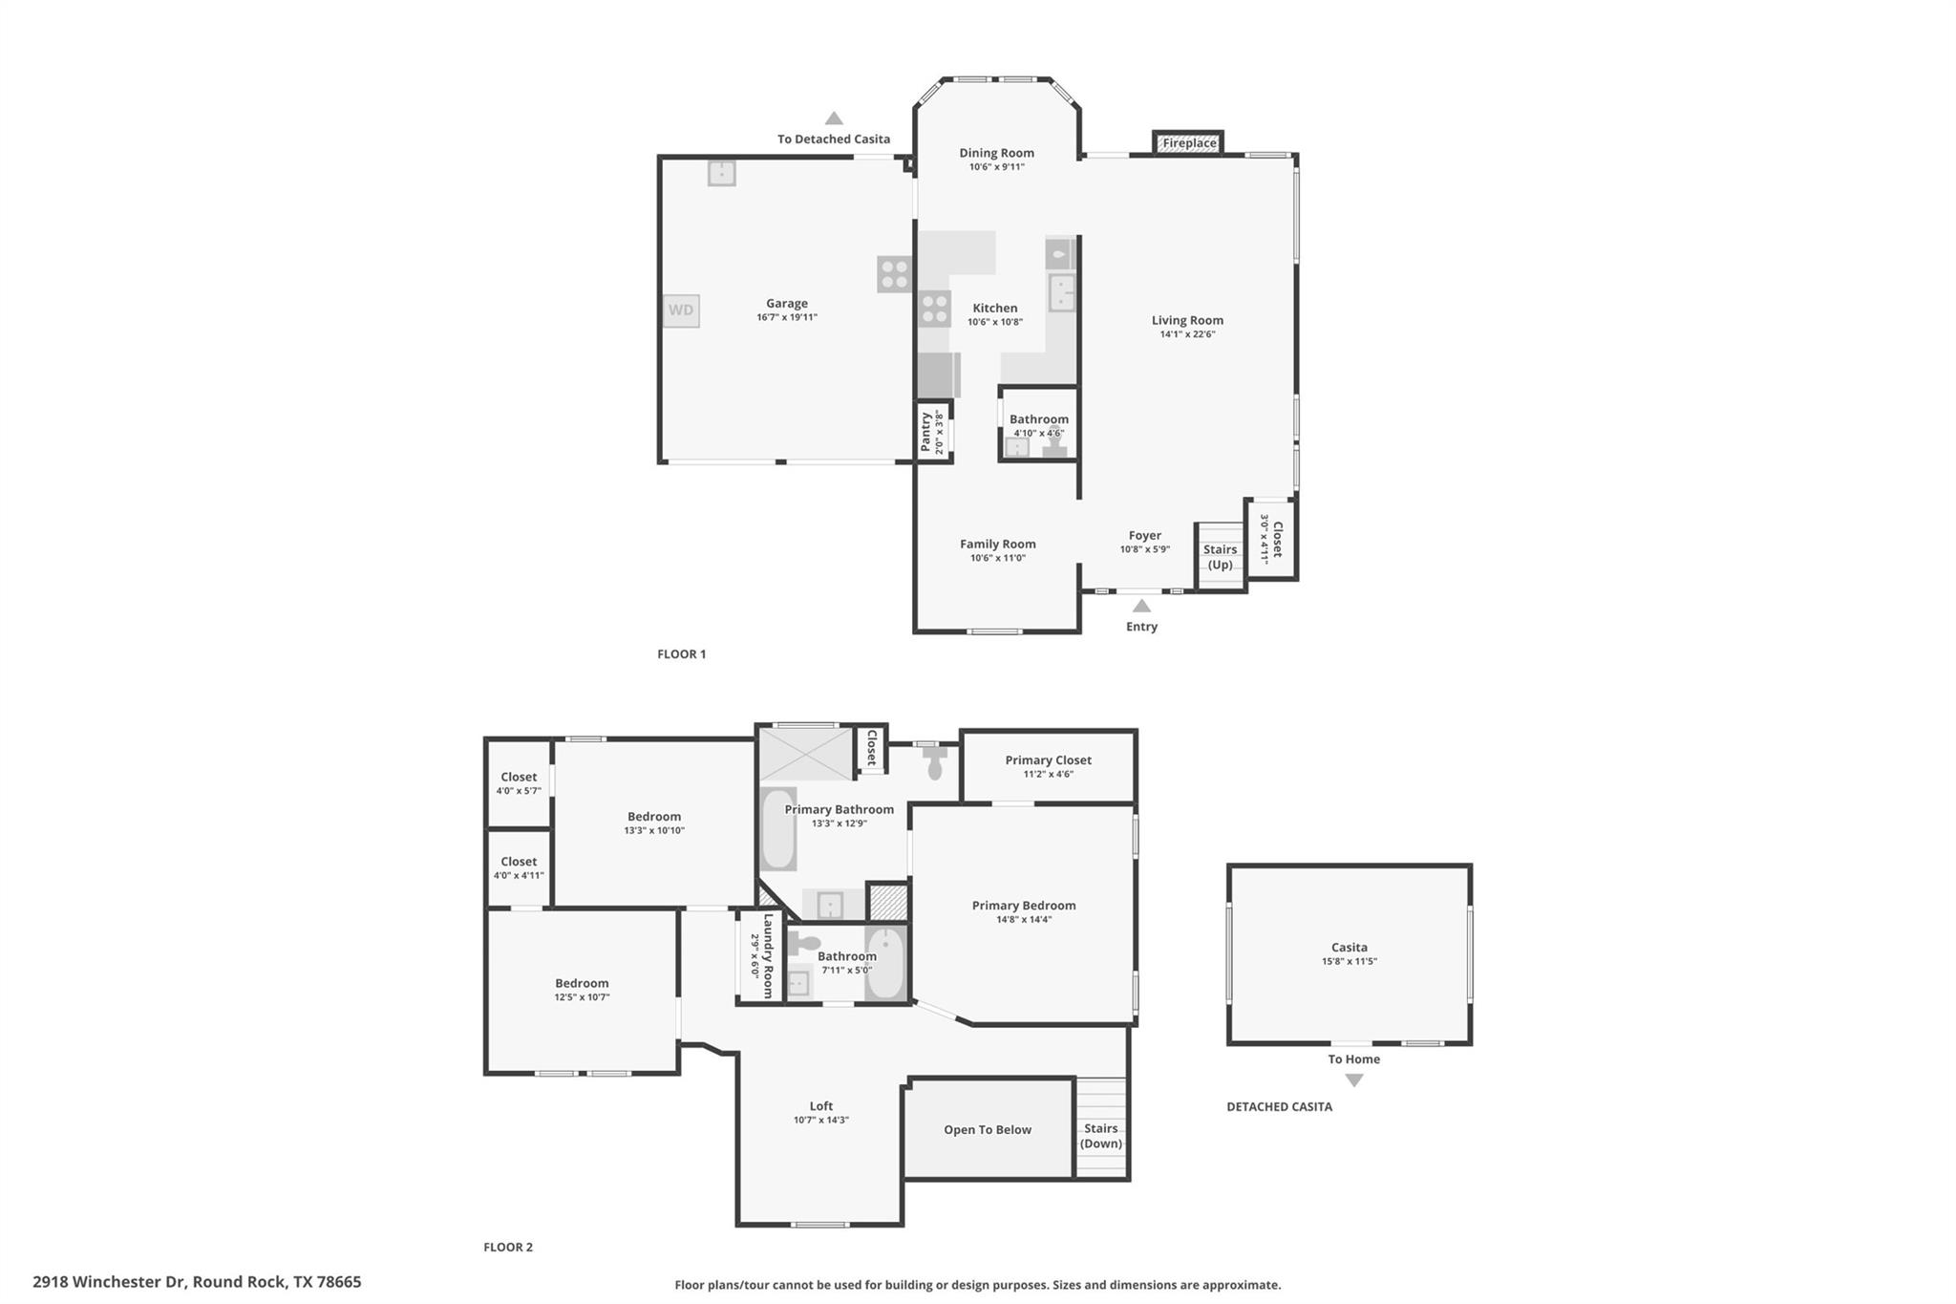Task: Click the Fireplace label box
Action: click(x=1188, y=143)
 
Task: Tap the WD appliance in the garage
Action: click(x=681, y=310)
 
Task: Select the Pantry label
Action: click(x=925, y=432)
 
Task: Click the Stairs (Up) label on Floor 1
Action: click(x=1220, y=557)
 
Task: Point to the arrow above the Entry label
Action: click(x=1141, y=606)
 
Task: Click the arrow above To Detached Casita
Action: click(x=834, y=118)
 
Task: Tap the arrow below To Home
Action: click(x=1353, y=1080)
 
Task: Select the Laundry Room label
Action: click(x=768, y=955)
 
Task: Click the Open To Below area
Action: click(x=988, y=1129)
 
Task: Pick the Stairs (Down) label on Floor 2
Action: click(x=1101, y=1136)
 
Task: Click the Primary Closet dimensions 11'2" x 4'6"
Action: click(x=1048, y=775)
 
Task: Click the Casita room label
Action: click(x=1349, y=948)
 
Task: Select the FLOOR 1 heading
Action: click(x=681, y=654)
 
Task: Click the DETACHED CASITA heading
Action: click(x=1279, y=1106)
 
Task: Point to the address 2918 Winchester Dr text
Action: click(x=197, y=1282)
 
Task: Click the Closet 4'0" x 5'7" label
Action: click(x=519, y=783)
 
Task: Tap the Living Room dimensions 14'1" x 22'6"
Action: click(x=1187, y=334)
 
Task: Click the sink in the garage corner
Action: click(x=721, y=173)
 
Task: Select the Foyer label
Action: click(x=1144, y=536)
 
